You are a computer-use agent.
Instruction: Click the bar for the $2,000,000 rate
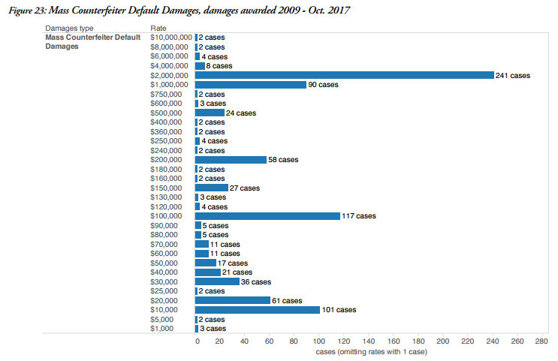344,75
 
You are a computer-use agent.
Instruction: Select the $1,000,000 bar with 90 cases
251,85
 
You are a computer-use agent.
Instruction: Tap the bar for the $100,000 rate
267,216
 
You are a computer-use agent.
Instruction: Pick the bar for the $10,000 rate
258,309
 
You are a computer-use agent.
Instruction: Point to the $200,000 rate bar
231,160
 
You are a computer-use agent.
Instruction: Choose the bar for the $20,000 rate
233,300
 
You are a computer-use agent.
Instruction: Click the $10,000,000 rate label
171,38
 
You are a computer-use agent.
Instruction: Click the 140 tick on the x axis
369,341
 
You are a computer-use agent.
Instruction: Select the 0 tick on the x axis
197,341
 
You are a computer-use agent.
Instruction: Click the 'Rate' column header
158,28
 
